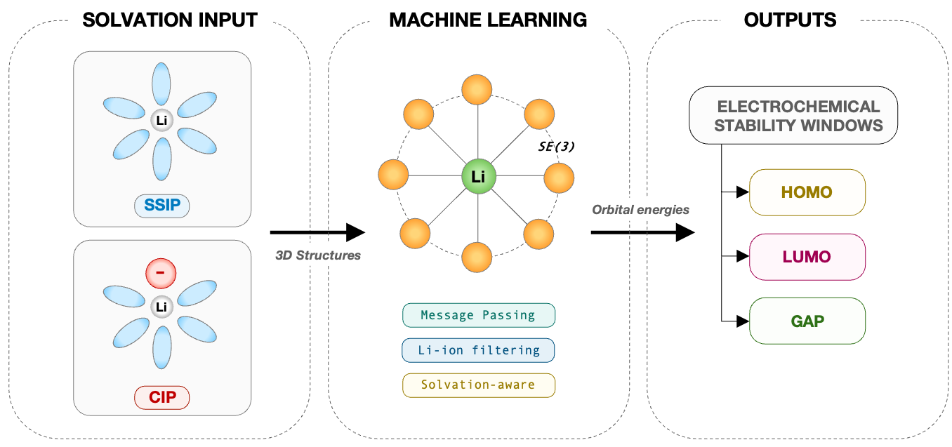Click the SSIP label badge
tap(162, 206)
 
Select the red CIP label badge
tap(162, 399)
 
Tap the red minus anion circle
tap(162, 274)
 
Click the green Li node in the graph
tap(478, 177)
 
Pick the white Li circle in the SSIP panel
tap(162, 121)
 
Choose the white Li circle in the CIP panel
tap(162, 307)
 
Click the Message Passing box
tap(478, 315)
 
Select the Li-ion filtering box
tap(478, 349)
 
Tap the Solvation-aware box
tap(478, 385)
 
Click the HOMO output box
tap(807, 192)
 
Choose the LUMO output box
tap(807, 257)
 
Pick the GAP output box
tap(807, 321)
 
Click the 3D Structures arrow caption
tap(317, 255)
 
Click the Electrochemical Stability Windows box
tap(793, 116)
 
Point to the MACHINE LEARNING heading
tap(488, 20)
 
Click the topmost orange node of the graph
tap(478, 90)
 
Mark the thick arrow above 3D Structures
tap(317, 232)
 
